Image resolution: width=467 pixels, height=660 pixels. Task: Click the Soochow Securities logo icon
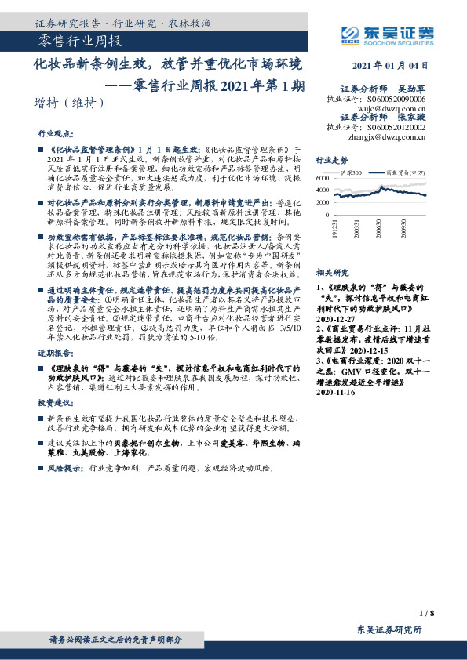[x=350, y=34]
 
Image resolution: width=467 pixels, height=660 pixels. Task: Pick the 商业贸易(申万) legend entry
[x=408, y=171]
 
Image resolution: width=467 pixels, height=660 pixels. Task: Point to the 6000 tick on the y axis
[x=323, y=179]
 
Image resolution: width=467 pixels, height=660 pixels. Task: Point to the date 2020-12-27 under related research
[x=336, y=320]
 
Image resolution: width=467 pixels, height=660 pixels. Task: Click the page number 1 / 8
[x=426, y=613]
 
